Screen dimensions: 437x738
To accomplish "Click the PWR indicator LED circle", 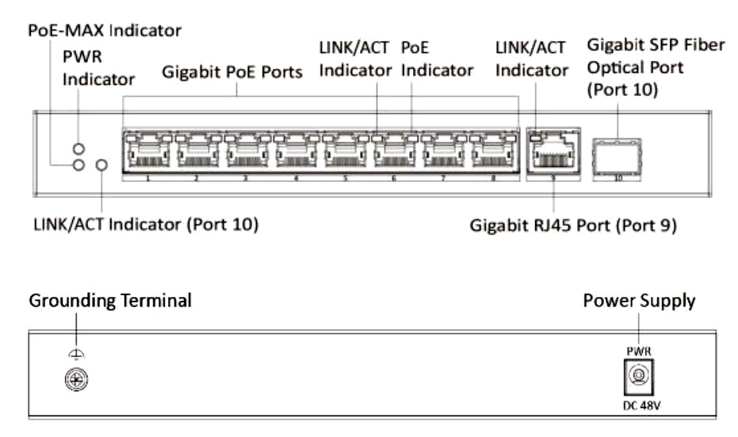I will pos(78,149).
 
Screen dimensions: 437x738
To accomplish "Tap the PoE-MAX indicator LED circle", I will pos(78,165).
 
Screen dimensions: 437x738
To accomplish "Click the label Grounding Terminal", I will pos(110,301).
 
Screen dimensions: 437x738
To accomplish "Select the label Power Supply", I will pos(639,301).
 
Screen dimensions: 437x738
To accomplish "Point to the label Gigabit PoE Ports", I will pos(231,72).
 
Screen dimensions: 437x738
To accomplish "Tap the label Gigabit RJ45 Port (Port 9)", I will pos(572,225).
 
